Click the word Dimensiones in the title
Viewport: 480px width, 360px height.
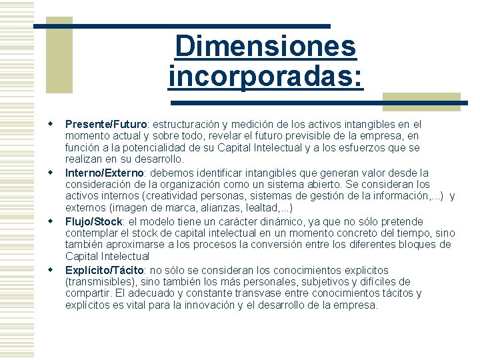click(265, 47)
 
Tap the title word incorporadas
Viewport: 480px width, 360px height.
click(266, 76)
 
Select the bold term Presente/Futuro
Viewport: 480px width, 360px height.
click(106, 124)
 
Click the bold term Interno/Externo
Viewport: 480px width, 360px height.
click(105, 173)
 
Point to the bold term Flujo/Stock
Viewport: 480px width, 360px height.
click(94, 221)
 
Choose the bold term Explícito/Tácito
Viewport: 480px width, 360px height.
click(105, 270)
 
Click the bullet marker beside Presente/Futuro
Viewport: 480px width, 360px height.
click(49, 124)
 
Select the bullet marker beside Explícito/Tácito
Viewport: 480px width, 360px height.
click(49, 270)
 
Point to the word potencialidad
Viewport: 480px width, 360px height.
click(160, 148)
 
